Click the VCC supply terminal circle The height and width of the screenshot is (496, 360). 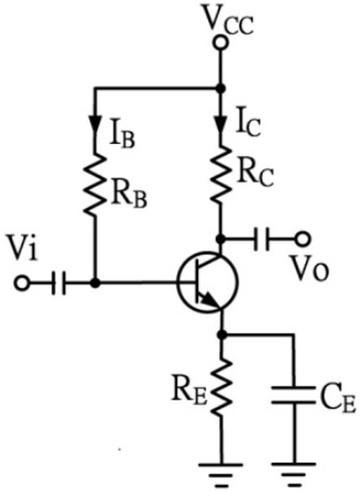220,43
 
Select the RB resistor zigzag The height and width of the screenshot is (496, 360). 94,185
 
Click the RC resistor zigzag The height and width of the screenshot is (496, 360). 221,175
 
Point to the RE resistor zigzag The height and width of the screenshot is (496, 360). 221,386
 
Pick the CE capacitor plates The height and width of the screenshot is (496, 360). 293,395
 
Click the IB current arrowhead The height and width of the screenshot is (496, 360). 94,124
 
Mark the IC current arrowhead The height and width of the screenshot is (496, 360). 221,124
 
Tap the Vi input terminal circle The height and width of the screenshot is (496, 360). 22,283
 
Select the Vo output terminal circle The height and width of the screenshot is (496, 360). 302,239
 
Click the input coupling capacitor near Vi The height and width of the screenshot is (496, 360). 58,283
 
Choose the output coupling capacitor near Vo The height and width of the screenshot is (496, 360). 262,239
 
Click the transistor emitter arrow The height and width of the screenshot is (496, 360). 210,300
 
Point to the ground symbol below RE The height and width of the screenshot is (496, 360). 221,474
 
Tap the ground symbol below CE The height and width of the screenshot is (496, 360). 293,474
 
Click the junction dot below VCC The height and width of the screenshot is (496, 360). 220,89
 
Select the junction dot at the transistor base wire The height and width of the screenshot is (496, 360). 94,283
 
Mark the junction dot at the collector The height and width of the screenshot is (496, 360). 221,239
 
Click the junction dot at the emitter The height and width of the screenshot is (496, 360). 221,334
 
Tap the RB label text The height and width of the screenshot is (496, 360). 128,198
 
